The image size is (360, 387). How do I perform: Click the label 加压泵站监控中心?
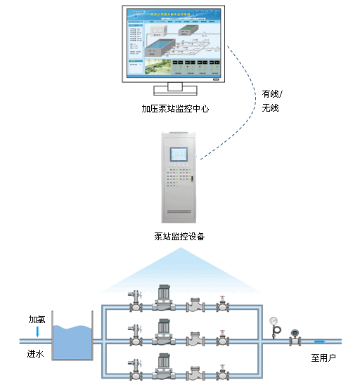(175, 109)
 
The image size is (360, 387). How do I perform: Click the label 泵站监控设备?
(179, 236)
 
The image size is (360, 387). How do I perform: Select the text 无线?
(271, 108)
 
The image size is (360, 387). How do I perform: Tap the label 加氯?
(37, 319)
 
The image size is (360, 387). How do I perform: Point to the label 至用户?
(323, 358)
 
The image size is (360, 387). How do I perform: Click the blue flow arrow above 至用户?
(320, 342)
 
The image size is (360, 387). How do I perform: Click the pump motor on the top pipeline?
(162, 296)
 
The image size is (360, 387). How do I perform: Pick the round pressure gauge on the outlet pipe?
(274, 320)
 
